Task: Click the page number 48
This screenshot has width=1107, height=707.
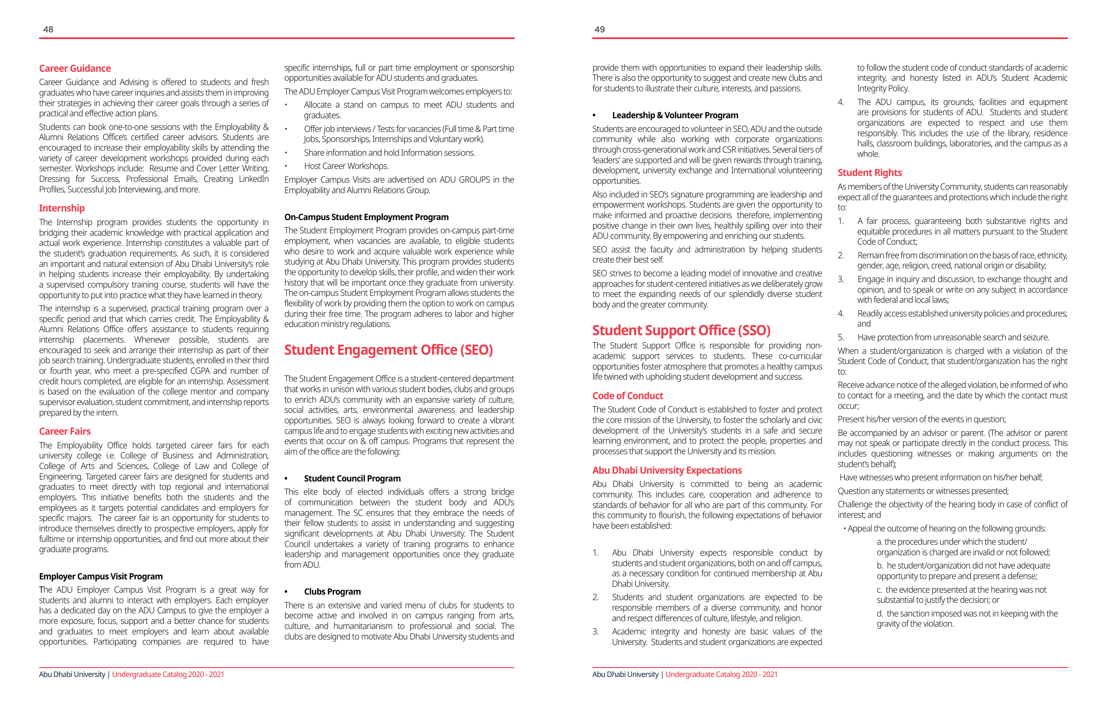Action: [x=48, y=29]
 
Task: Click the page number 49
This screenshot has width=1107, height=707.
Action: [x=599, y=29]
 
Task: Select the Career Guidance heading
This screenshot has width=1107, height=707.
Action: [x=75, y=68]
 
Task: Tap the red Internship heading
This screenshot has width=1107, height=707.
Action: [x=62, y=208]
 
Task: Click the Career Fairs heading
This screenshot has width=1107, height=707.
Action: [x=65, y=432]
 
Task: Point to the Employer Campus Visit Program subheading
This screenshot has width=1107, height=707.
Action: [x=101, y=577]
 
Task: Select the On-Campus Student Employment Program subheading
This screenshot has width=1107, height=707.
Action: [x=366, y=217]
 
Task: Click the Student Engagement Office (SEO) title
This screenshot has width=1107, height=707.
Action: [x=389, y=350]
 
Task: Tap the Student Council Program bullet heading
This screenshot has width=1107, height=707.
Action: [x=352, y=478]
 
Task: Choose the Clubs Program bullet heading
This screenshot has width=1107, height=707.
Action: [x=332, y=592]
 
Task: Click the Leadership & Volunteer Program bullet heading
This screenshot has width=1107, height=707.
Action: [x=675, y=115]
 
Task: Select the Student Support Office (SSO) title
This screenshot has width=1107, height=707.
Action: [x=681, y=330]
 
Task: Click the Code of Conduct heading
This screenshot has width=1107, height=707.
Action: [x=627, y=396]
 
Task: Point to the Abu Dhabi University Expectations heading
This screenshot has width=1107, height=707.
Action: [x=667, y=471]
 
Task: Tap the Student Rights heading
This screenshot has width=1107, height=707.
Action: [x=869, y=173]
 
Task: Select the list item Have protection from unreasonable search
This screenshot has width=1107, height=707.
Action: [x=953, y=337]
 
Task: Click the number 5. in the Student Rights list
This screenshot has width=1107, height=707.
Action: [x=841, y=337]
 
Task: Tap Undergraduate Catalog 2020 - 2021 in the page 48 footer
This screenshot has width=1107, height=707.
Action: [x=168, y=674]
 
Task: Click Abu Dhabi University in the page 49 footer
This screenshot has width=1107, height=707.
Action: [x=625, y=674]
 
